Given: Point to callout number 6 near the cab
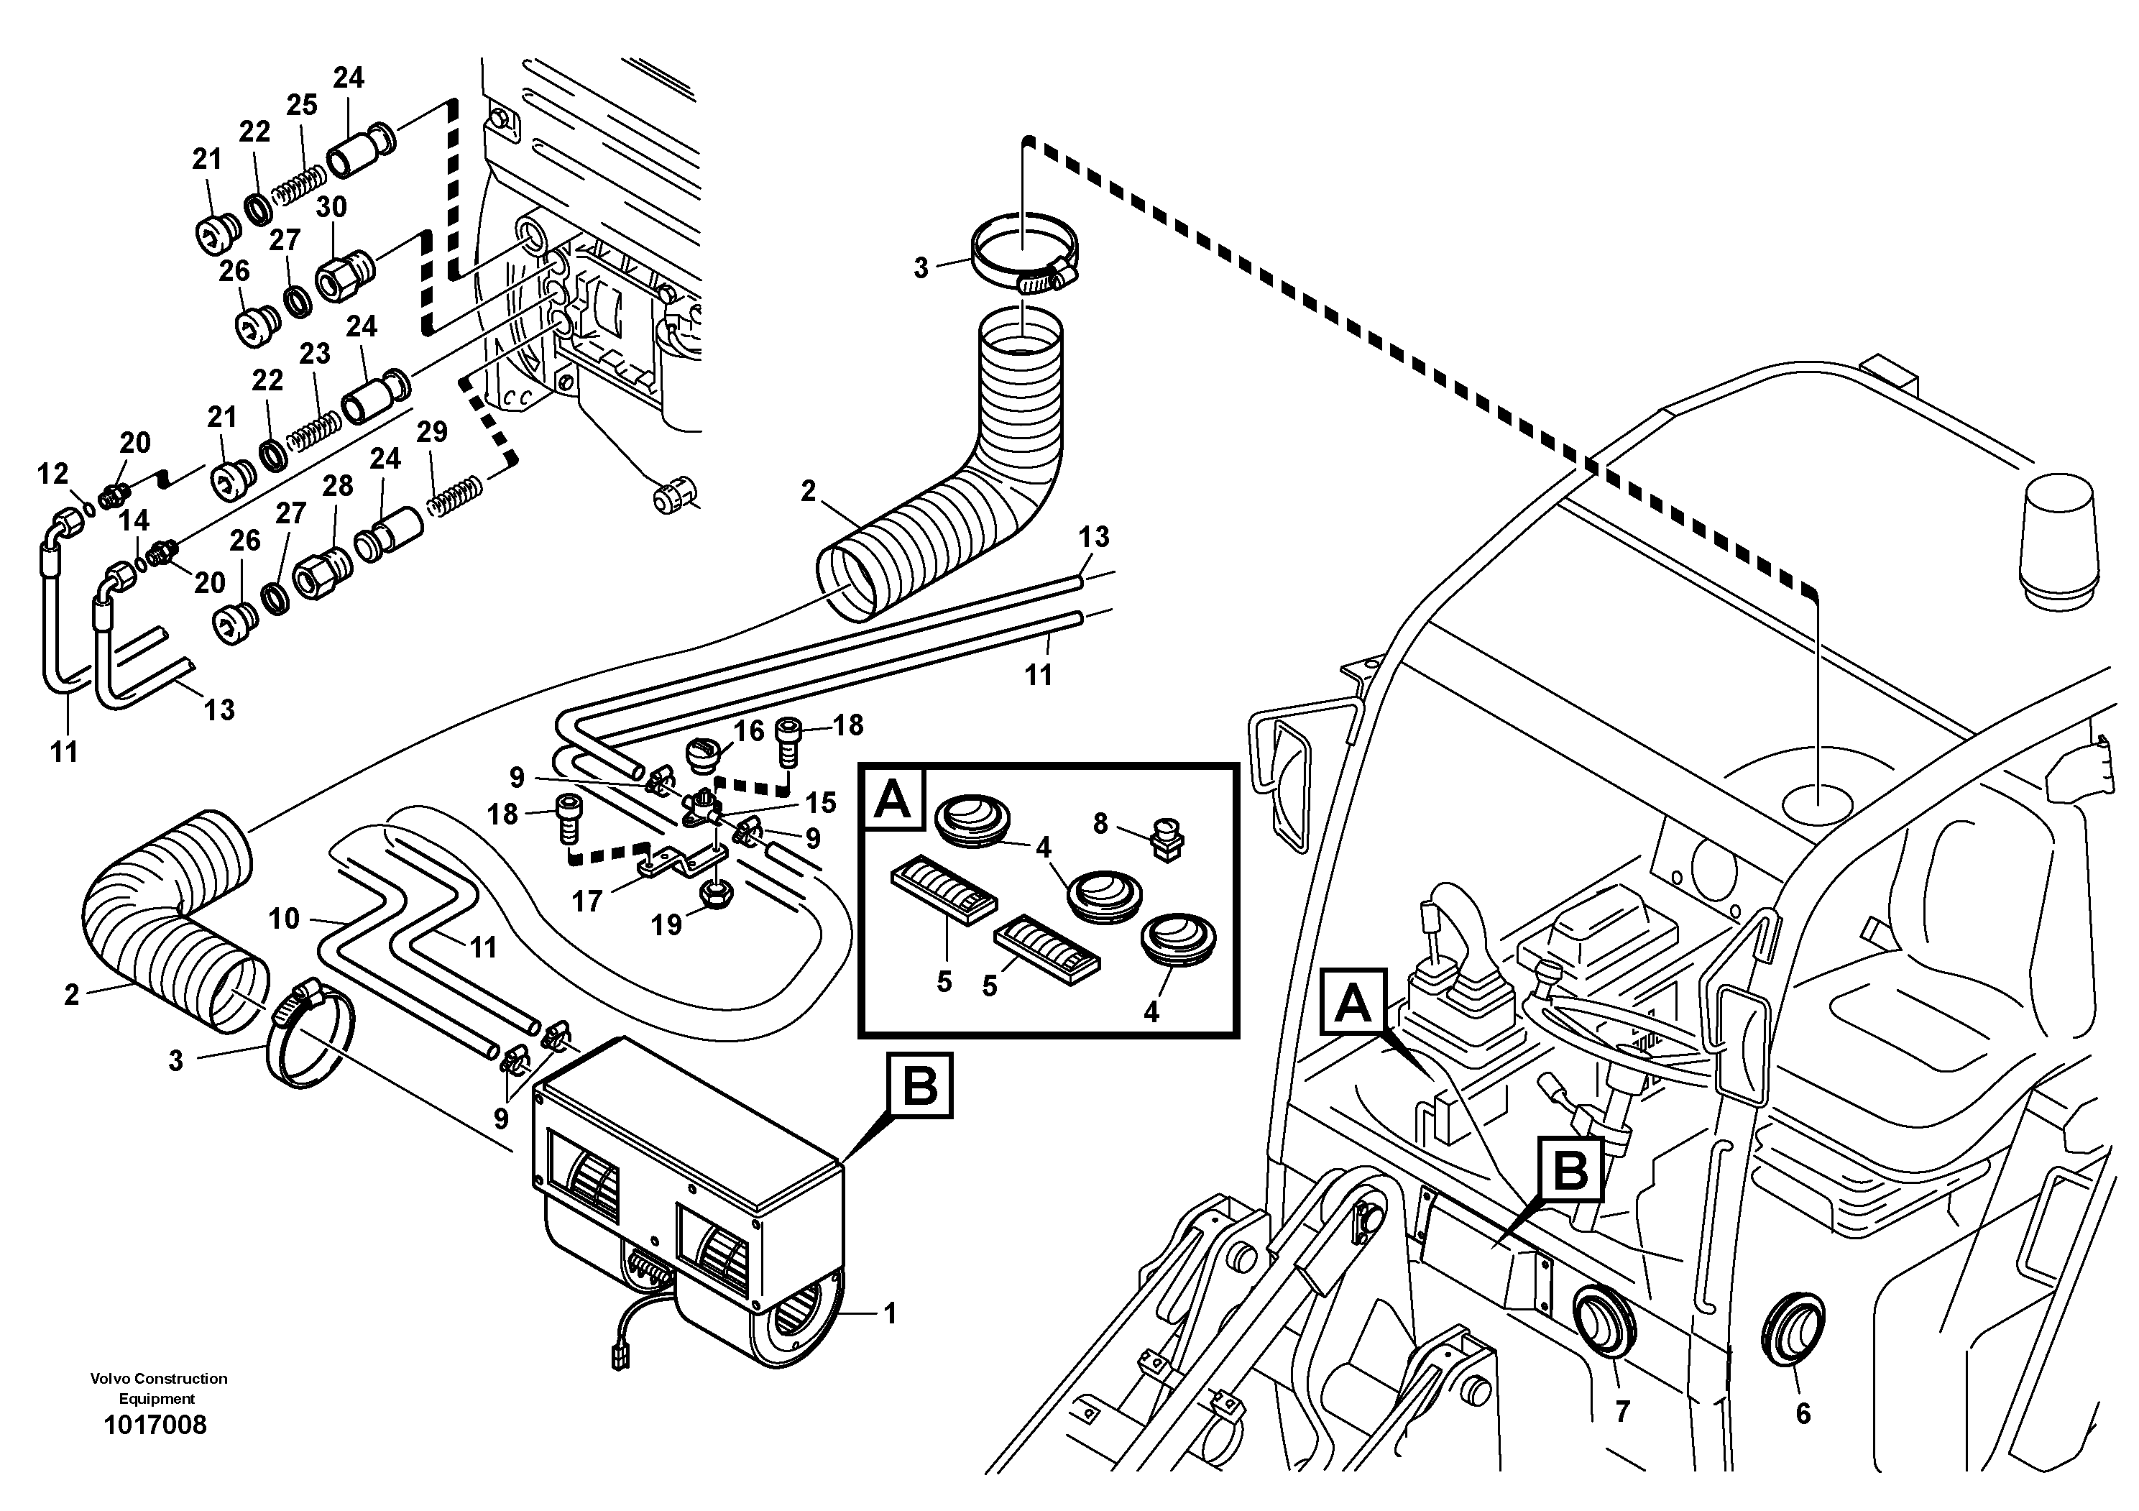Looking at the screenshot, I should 1803,1413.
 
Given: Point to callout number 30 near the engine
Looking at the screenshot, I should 331,207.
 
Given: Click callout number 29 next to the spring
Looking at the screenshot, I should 431,432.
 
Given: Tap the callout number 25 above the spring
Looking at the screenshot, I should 302,105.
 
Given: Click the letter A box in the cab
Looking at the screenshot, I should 1353,1001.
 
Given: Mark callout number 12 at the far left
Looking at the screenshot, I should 53,474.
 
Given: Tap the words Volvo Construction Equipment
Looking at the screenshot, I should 158,1388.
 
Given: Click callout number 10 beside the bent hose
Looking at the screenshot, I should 284,919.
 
